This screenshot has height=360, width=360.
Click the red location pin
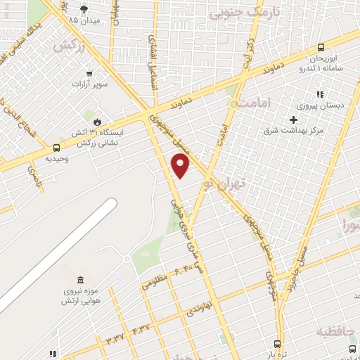click(x=181, y=166)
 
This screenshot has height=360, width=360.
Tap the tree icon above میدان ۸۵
click(x=84, y=9)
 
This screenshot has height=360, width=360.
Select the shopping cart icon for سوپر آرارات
click(x=89, y=73)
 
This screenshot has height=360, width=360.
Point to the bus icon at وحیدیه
click(x=56, y=148)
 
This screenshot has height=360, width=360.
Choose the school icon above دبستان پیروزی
click(x=319, y=94)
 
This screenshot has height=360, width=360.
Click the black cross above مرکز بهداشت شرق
click(x=293, y=119)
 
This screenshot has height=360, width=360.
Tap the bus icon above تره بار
click(x=278, y=345)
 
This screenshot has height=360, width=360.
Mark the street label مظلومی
click(x=155, y=283)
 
